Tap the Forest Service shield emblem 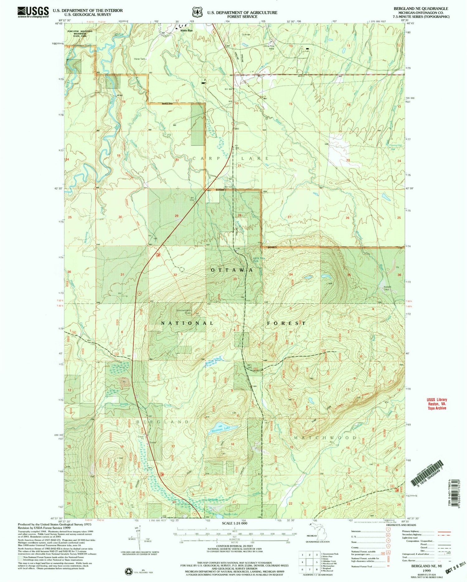[x=196, y=12]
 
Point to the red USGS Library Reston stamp [x=436, y=404]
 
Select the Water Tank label [x=139, y=59]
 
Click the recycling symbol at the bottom [x=128, y=571]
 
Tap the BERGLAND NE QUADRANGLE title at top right [x=427, y=8]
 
